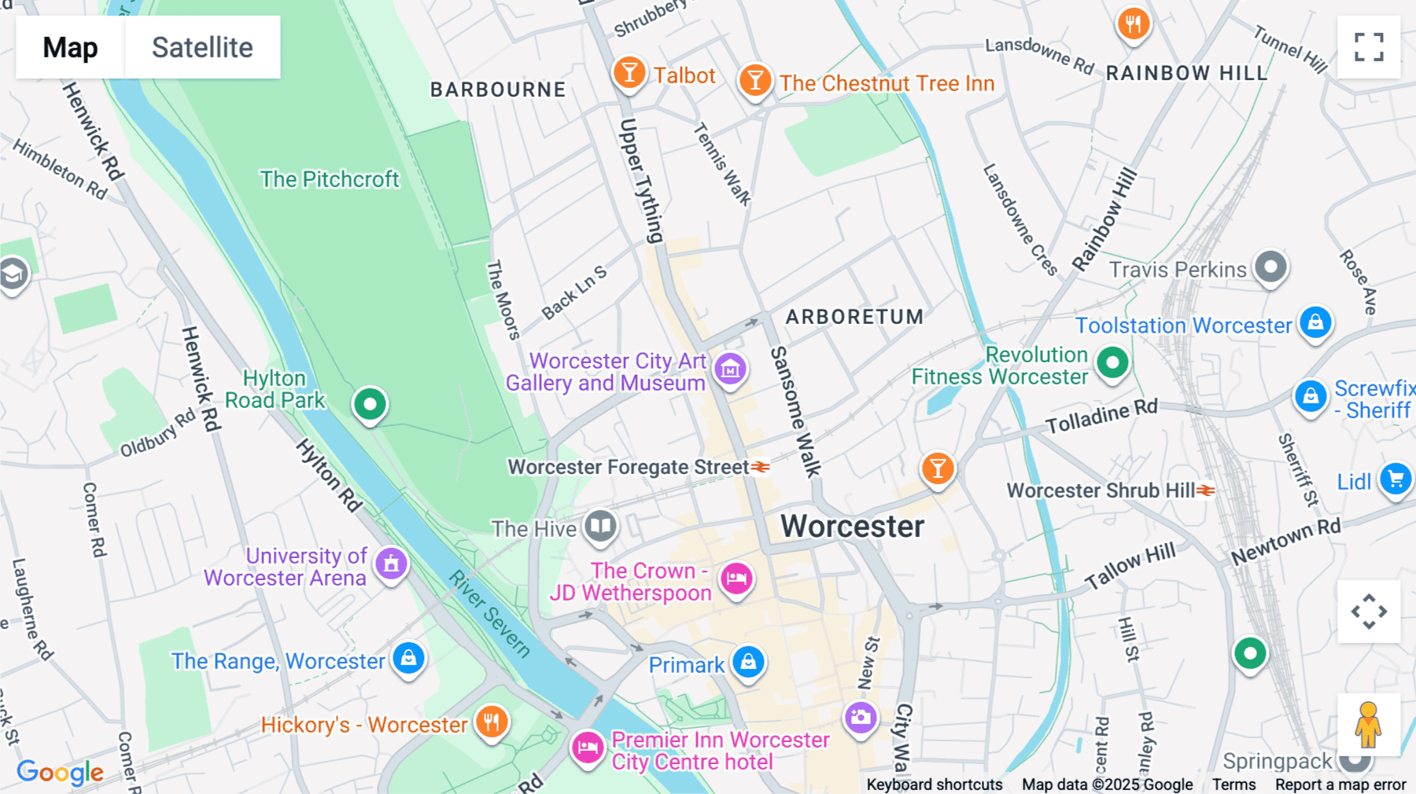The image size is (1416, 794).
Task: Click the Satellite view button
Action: tap(202, 47)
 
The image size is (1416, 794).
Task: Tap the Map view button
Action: tap(70, 47)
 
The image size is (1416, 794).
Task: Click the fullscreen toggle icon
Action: tap(1369, 47)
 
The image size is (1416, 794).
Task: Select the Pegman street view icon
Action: tap(1368, 725)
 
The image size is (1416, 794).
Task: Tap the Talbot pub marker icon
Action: tap(629, 73)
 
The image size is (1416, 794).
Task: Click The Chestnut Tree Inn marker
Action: tap(754, 80)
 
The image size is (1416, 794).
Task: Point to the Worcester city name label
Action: tap(852, 527)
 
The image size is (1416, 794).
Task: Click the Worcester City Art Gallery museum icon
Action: tap(730, 368)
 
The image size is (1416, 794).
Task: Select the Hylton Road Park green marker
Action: tap(370, 404)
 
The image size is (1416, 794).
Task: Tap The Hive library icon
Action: tap(601, 525)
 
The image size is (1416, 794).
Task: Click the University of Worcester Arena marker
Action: tap(391, 563)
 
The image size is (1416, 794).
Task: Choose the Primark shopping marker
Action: tap(748, 662)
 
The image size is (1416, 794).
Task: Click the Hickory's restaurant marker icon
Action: tap(492, 721)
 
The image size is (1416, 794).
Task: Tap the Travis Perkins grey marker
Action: tap(1270, 267)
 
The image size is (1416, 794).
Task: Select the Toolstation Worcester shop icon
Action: tap(1315, 322)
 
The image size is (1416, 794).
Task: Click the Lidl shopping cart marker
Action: tap(1396, 478)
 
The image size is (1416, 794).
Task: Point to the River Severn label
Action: tap(489, 613)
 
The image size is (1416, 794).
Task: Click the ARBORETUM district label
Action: tap(854, 317)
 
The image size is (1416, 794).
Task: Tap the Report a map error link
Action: tap(1340, 785)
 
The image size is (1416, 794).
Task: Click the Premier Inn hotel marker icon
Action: tap(588, 747)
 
